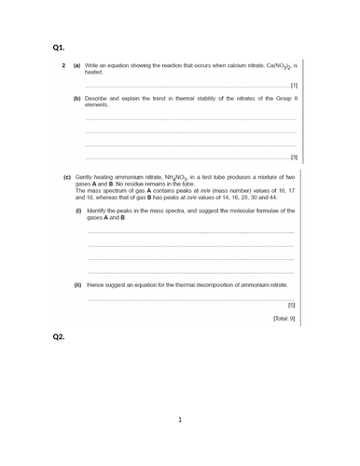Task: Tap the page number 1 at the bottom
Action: tap(180, 419)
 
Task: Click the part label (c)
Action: tap(67, 175)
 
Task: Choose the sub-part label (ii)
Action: tap(78, 283)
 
